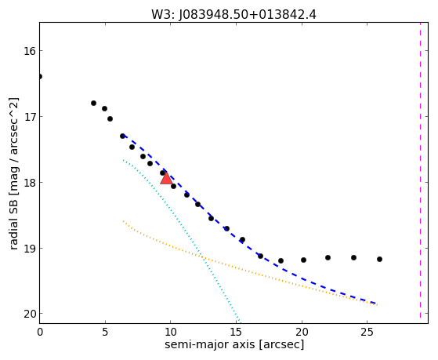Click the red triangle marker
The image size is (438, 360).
pyautogui.click(x=166, y=179)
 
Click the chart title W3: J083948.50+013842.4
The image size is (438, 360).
pyautogui.click(x=233, y=15)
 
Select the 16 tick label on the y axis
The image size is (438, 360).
pyautogui.click(x=30, y=51)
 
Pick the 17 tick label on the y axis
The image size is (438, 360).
pyautogui.click(x=30, y=116)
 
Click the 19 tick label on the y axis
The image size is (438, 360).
pyautogui.click(x=30, y=249)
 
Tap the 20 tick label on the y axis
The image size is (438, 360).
pyautogui.click(x=30, y=315)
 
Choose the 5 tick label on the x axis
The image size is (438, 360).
pyautogui.click(x=105, y=332)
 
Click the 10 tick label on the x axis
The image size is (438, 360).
pyautogui.click(x=170, y=332)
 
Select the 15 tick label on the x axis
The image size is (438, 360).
pyautogui.click(x=236, y=332)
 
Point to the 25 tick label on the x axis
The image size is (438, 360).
pyautogui.click(x=367, y=332)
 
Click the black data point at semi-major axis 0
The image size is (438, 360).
pyautogui.click(x=40, y=76)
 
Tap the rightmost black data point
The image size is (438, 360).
pyautogui.click(x=379, y=260)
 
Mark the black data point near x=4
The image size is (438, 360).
pyautogui.click(x=93, y=104)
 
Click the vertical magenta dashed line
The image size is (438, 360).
pyautogui.click(x=420, y=170)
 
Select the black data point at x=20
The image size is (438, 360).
pyautogui.click(x=304, y=260)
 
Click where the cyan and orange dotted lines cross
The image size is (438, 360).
pyautogui.click(x=204, y=257)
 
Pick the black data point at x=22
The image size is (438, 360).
pyautogui.click(x=328, y=257)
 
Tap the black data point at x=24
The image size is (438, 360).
pyautogui.click(x=353, y=257)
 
